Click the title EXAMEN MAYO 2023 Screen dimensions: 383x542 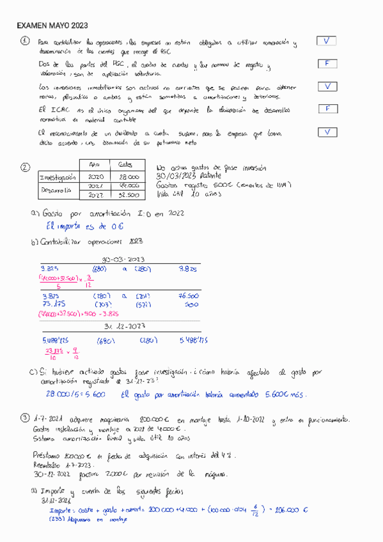[52, 26]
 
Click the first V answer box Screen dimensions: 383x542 [327, 42]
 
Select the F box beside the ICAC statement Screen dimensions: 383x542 [327, 109]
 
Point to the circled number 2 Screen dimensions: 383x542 [25, 167]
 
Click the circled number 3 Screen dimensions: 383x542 [24, 419]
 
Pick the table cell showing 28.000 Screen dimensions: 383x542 [129, 176]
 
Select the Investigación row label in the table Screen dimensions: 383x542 [58, 177]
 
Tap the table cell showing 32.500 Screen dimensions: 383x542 [129, 195]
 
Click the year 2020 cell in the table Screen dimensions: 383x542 [95, 176]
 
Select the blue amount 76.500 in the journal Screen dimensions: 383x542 [187, 297]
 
